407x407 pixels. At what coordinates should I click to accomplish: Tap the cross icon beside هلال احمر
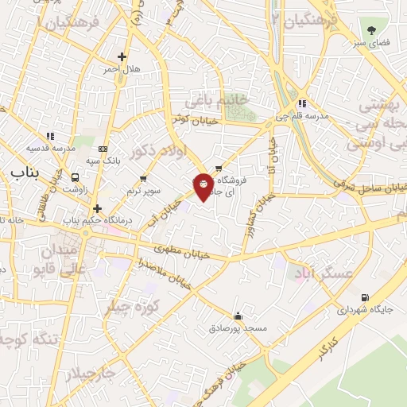coord(122,56)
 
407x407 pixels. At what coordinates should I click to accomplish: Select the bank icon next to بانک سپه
coord(103,149)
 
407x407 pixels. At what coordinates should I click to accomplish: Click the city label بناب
coord(19,171)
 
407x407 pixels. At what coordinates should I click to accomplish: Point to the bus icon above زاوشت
coord(76,177)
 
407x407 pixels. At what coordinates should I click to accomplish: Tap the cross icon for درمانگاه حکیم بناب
coord(97,208)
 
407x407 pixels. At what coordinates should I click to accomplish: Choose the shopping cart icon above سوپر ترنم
coord(143,178)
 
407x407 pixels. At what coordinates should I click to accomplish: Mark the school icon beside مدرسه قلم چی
coord(302,103)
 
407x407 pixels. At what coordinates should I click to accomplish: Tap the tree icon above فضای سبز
coord(370,27)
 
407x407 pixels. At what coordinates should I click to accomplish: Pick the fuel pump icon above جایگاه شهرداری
coord(364,297)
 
